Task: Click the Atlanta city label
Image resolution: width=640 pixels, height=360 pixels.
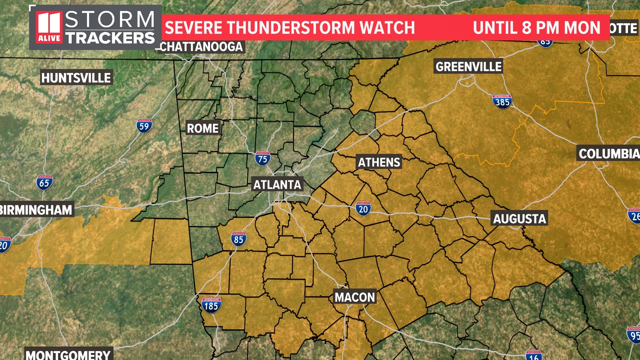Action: point(277,185)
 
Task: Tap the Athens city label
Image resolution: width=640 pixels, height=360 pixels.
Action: point(379,162)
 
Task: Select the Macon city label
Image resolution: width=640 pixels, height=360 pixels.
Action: point(355,297)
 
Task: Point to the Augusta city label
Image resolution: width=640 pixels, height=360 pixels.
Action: point(519,219)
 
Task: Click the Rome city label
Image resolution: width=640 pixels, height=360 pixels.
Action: point(203,128)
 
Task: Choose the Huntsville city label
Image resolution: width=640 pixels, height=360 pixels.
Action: point(76,78)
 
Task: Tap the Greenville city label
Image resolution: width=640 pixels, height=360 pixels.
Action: point(468,67)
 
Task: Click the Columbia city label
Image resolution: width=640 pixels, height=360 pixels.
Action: point(609,154)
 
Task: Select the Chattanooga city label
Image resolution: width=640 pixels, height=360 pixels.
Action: point(201,47)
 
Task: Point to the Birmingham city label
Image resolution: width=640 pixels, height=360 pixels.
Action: point(36,210)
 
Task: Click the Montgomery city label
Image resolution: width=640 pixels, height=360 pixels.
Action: point(68,354)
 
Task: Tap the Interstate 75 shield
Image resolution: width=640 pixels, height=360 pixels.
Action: point(263,159)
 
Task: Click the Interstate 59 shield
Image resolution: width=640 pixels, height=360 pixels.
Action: point(144,126)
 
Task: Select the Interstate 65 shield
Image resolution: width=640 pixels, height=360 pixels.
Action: point(44,183)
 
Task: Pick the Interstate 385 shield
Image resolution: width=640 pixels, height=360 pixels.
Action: point(502,102)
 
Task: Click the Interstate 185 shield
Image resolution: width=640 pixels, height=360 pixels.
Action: point(211,305)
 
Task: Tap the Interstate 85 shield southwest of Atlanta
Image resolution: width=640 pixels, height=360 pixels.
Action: point(239,239)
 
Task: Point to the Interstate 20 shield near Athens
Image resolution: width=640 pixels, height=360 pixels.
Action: point(363,209)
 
